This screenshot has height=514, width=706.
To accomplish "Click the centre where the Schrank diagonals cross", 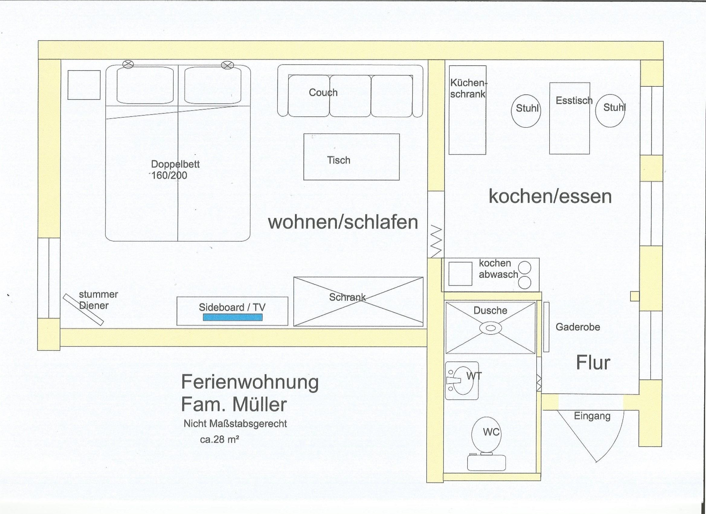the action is (358, 302).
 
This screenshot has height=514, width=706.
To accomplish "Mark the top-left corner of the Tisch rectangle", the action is (304, 134).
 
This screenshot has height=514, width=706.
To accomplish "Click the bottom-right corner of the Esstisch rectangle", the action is (589, 154).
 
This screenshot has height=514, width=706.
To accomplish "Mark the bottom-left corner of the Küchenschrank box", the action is (449, 154).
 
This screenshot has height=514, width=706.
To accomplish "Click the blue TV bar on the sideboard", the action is (233, 317).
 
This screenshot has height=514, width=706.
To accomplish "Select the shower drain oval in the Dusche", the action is (491, 328).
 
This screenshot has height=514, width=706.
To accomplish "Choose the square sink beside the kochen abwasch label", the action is (460, 274).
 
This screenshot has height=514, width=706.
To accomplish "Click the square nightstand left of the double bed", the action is (84, 85).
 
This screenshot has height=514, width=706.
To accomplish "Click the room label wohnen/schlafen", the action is (343, 222).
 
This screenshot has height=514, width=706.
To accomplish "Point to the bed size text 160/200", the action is (169, 175).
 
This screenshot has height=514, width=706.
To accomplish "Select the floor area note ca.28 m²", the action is (220, 440).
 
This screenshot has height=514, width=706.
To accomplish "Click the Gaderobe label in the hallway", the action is (578, 327).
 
